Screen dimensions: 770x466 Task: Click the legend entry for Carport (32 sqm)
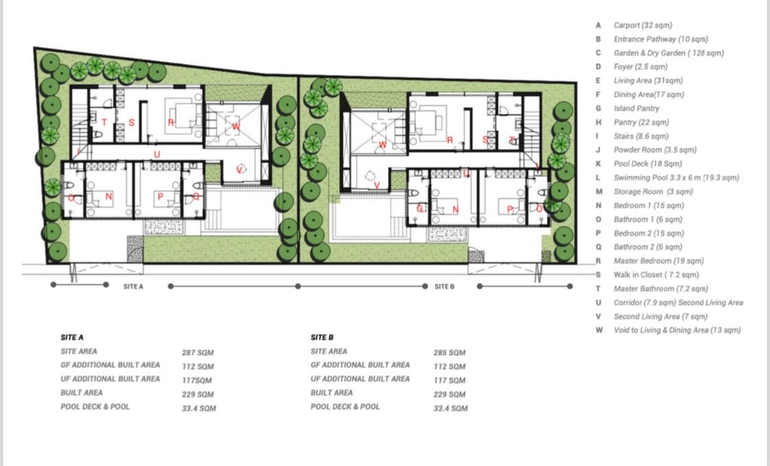642,25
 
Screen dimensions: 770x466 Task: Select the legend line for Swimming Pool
676,178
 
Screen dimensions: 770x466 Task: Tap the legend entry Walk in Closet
656,275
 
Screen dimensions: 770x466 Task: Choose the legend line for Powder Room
654,150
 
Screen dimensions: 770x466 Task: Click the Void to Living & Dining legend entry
677,330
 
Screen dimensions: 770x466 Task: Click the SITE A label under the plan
133,286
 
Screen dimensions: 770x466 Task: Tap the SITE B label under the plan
444,286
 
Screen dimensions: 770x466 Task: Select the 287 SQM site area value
197,352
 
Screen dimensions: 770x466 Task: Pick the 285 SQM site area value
449,352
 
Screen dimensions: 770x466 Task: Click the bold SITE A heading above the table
72,337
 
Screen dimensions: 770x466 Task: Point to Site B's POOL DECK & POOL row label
345,406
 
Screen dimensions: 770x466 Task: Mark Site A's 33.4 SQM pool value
199,408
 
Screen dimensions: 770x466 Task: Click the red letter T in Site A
104,122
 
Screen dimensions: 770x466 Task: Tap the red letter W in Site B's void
383,145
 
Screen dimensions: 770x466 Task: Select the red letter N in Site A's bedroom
109,197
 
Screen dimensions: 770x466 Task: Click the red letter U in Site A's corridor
157,154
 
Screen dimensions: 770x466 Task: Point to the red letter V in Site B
376,185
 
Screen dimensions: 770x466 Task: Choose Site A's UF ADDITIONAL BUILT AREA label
110,378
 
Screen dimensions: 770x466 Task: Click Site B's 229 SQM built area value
449,394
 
